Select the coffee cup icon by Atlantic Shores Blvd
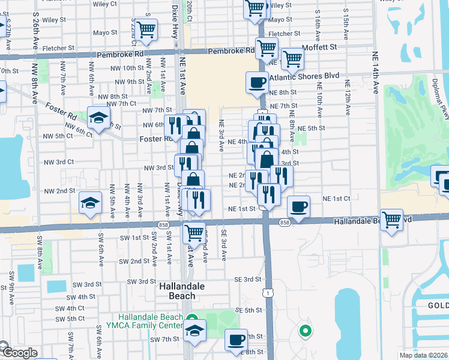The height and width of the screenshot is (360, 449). point(257,83)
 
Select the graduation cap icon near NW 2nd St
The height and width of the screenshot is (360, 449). point(90,203)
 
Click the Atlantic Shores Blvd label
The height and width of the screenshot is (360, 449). point(304,76)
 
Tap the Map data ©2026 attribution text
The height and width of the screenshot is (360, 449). point(423,355)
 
